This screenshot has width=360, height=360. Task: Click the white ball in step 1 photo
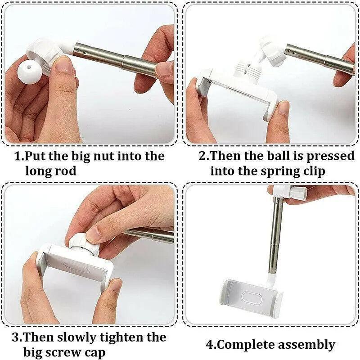tap(30, 72)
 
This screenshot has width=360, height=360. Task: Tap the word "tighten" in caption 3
tap(122, 338)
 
